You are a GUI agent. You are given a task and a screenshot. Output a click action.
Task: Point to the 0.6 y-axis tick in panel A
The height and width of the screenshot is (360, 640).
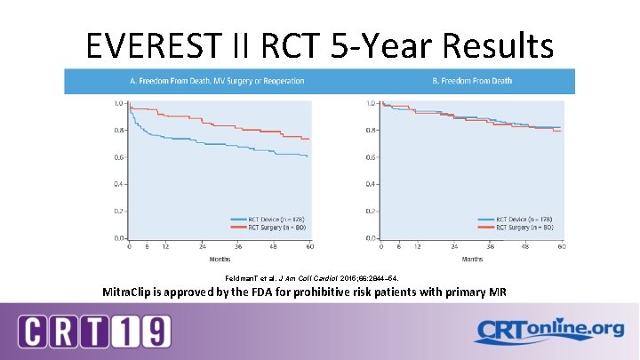pyautogui.click(x=118, y=157)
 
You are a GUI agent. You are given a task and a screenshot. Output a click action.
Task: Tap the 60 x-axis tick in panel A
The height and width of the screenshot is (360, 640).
pyautogui.click(x=309, y=246)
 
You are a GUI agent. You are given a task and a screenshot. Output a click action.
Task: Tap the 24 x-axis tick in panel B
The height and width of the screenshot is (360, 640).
pyautogui.click(x=455, y=246)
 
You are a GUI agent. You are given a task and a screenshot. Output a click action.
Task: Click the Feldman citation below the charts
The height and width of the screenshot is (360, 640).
pyautogui.click(x=324, y=277)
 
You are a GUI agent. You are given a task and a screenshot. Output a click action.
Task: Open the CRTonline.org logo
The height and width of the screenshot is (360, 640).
pyautogui.click(x=548, y=330)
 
